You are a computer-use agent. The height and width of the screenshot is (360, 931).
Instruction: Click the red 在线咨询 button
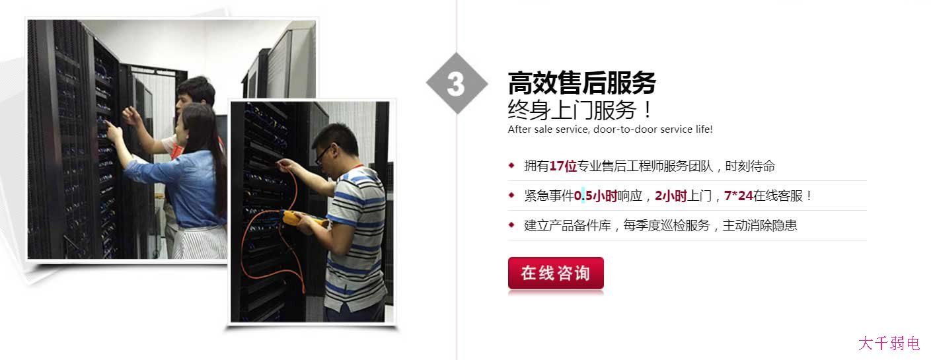pyautogui.click(x=555, y=273)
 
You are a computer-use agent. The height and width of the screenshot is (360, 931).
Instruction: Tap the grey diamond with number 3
pyautogui.click(x=456, y=84)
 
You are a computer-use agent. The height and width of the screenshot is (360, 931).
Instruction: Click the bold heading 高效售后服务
pyautogui.click(x=581, y=84)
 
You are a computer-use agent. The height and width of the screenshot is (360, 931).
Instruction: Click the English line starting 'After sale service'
pyautogui.click(x=610, y=129)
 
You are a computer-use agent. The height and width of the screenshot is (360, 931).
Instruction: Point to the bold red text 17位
pyautogui.click(x=563, y=166)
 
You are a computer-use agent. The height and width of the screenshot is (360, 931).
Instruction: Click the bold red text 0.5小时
pyautogui.click(x=595, y=196)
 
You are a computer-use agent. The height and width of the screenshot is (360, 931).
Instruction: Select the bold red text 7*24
pyautogui.click(x=739, y=196)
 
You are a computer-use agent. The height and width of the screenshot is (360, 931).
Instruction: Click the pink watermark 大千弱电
pyautogui.click(x=889, y=343)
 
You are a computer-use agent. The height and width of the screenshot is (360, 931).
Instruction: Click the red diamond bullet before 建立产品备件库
pyautogui.click(x=511, y=225)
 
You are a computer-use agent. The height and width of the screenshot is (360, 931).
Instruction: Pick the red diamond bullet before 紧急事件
pyautogui.click(x=511, y=195)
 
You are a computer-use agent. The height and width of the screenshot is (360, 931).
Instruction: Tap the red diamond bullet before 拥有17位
pyautogui.click(x=511, y=165)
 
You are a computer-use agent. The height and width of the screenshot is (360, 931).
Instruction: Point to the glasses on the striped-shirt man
pyautogui.click(x=322, y=154)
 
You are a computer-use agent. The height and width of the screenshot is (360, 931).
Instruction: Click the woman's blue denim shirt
pyautogui.click(x=192, y=188)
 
